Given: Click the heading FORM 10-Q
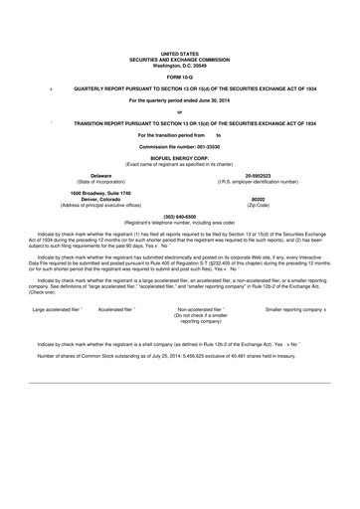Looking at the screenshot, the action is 179,76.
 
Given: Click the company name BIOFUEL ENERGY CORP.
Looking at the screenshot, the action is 179,157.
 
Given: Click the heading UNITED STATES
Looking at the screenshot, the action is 179,54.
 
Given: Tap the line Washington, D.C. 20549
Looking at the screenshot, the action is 179,65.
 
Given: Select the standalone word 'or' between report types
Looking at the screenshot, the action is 179,111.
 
